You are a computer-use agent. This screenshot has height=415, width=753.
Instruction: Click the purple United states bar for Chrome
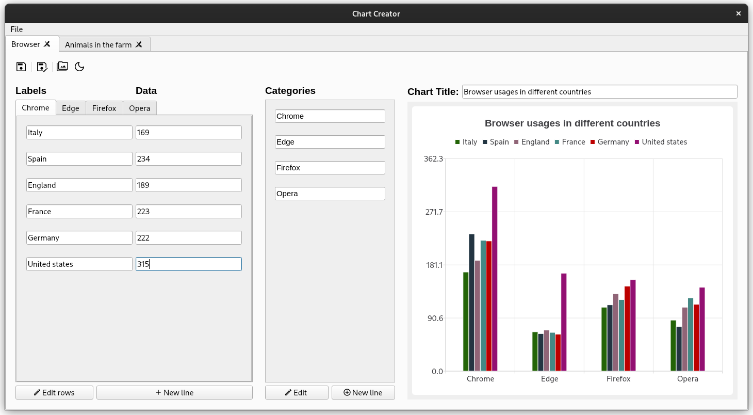coord(495,279)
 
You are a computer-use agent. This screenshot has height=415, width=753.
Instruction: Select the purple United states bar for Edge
coord(564,322)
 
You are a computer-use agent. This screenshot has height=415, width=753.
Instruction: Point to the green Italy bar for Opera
coord(673,345)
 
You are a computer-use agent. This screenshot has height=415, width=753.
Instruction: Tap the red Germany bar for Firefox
coord(627,328)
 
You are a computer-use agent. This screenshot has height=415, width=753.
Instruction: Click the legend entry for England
coord(531,142)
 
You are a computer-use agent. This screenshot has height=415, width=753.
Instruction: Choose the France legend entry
coord(570,142)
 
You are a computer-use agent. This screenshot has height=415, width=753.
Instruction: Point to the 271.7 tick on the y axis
coord(433,212)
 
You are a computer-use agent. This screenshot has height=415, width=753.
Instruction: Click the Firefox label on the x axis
coord(618,379)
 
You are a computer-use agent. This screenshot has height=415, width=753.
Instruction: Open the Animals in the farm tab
coord(98,45)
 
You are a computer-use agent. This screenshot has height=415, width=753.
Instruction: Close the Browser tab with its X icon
coord(47,44)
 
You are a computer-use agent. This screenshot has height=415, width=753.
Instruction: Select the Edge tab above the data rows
coord(71,108)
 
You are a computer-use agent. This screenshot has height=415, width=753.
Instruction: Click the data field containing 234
coord(188,159)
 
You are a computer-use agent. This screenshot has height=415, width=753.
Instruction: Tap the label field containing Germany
coord(79,238)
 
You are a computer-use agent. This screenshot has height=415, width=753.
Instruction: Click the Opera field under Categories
coord(330,194)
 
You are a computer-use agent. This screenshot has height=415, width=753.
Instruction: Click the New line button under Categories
coord(363,393)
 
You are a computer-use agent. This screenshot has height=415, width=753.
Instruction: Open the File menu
coord(17,29)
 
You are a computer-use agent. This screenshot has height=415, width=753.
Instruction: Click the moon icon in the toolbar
coord(79,67)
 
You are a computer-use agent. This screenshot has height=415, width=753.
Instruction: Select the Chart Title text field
coord(599,92)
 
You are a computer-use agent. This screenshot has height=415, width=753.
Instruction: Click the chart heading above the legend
coord(572,123)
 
